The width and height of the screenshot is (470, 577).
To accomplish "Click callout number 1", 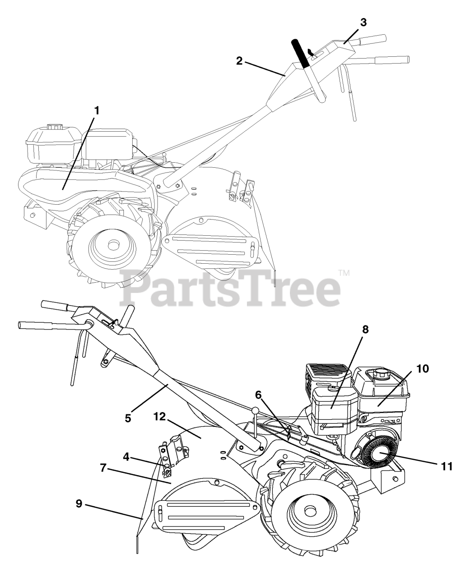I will [x=97, y=110].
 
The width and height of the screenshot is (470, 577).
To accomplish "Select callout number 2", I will [x=240, y=61].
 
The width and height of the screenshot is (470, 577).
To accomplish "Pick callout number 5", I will [x=128, y=418].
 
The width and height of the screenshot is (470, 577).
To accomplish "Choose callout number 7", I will [x=103, y=468].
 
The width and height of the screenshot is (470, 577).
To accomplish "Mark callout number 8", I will [x=365, y=330].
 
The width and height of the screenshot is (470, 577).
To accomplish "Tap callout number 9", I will [x=79, y=504].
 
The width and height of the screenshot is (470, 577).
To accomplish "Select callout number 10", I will [x=423, y=368].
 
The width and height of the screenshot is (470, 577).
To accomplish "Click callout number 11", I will [x=447, y=466].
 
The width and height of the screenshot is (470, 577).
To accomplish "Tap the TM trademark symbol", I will [x=344, y=273].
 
